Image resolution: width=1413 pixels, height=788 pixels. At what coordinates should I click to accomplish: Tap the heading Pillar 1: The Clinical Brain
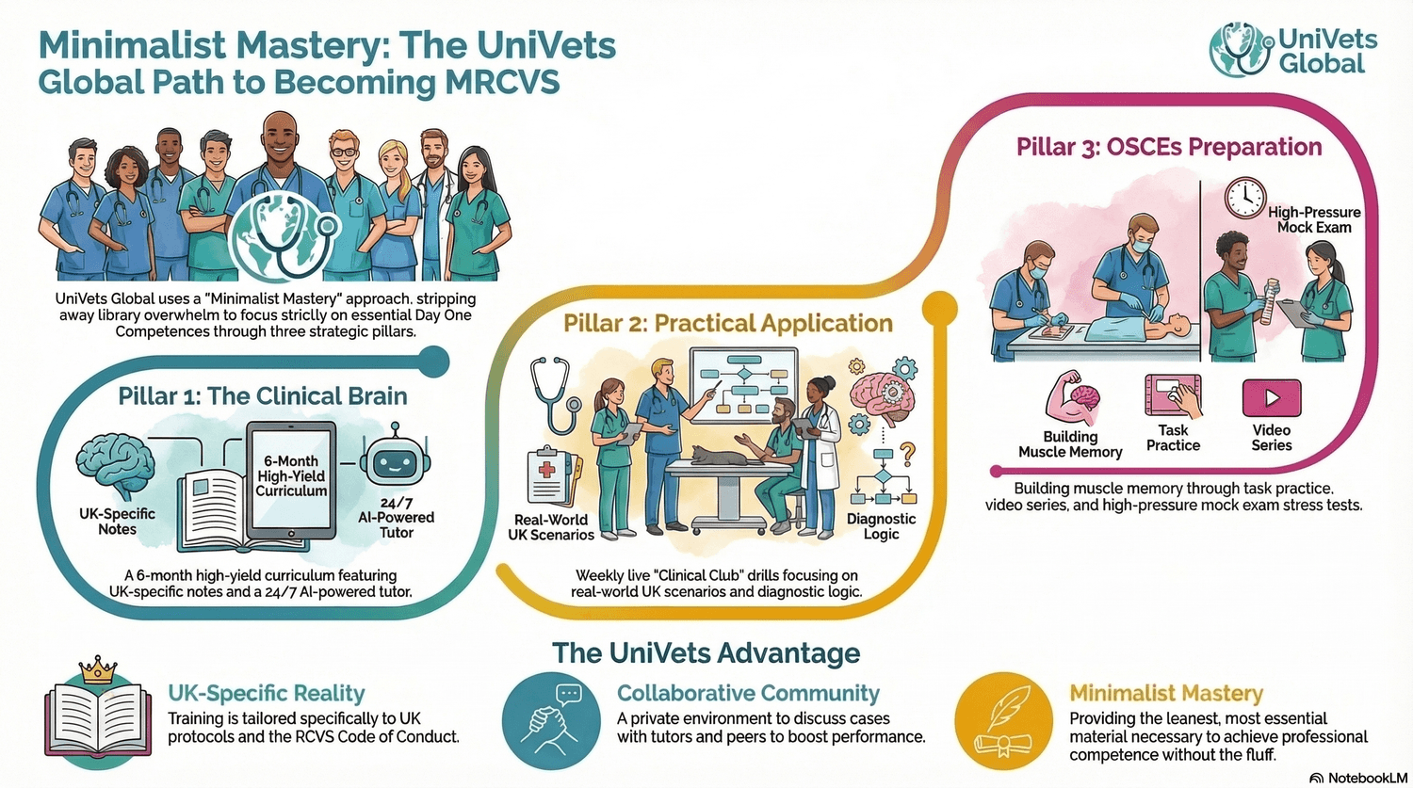pyautogui.click(x=263, y=396)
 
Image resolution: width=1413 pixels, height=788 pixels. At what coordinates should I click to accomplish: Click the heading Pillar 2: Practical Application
pyautogui.click(x=727, y=324)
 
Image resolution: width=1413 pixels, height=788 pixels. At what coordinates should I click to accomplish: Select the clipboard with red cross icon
pyautogui.click(x=548, y=475)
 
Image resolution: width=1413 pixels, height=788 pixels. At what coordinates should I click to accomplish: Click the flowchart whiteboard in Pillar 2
pyautogui.click(x=743, y=386)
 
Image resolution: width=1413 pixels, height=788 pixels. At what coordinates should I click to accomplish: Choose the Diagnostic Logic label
pyautogui.click(x=881, y=526)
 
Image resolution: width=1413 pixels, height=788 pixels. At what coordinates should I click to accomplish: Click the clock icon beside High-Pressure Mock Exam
pyautogui.click(x=1244, y=198)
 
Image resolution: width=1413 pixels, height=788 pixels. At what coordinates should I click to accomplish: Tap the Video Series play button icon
pyautogui.click(x=1271, y=398)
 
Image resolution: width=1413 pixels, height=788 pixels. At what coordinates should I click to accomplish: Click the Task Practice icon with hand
pyautogui.click(x=1173, y=396)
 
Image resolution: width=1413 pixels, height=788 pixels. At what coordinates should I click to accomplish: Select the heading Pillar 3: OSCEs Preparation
pyautogui.click(x=1168, y=148)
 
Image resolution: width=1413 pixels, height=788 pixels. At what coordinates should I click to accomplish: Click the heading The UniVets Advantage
pyautogui.click(x=706, y=653)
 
